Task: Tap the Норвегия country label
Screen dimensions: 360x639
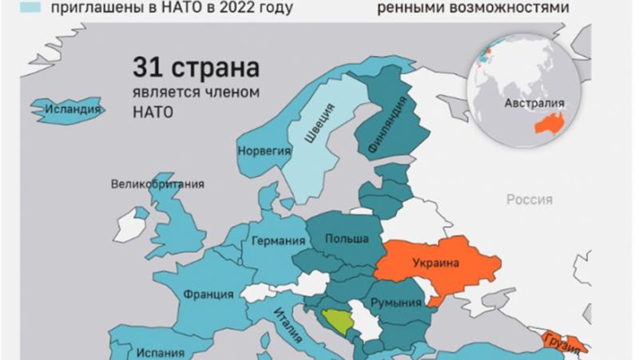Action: click(x=260, y=149)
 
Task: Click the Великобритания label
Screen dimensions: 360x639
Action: click(x=157, y=184)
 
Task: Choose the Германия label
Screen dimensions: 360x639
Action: click(x=279, y=241)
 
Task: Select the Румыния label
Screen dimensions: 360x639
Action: click(x=395, y=303)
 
